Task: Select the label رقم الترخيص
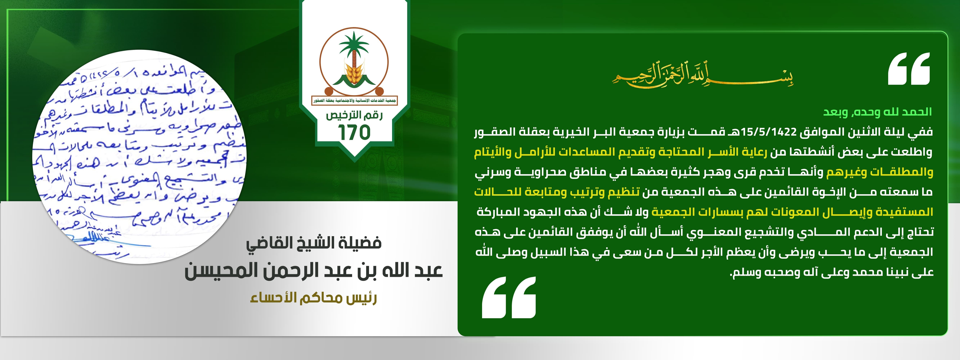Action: click(x=354, y=115)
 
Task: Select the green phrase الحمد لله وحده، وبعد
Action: click(x=878, y=112)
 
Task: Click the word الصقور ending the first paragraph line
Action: click(x=490, y=132)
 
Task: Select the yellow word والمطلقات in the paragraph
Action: click(x=902, y=172)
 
